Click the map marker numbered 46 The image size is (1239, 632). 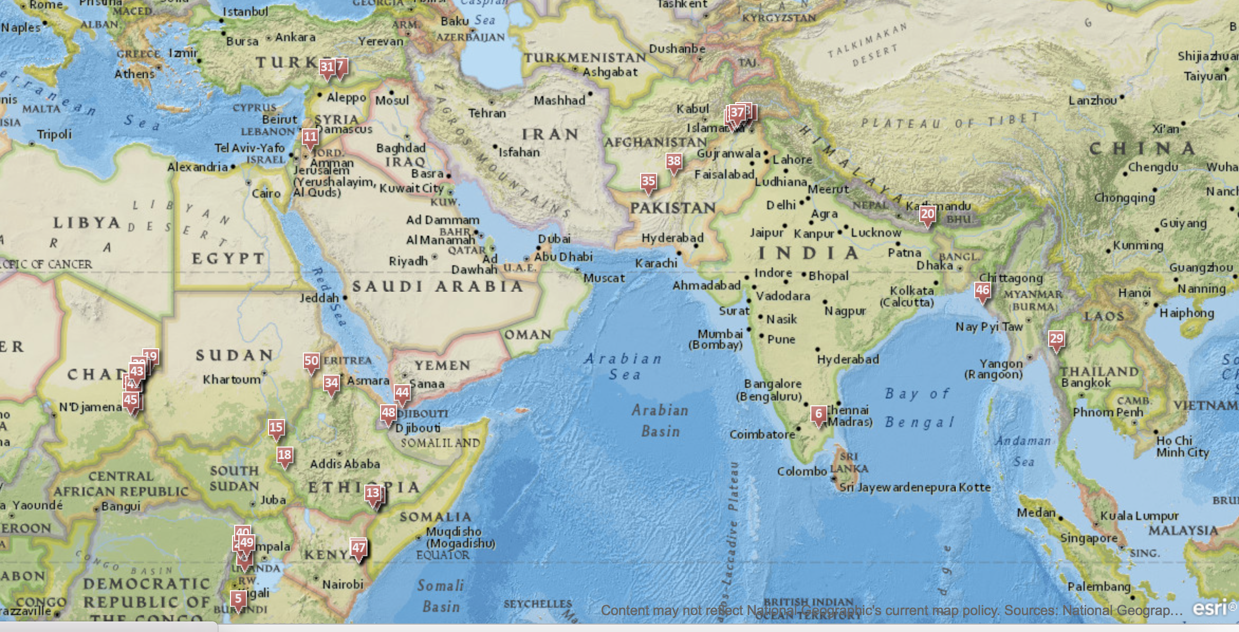pyautogui.click(x=982, y=291)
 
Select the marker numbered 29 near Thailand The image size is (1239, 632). pyautogui.click(x=1056, y=339)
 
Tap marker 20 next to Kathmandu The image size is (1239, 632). pyautogui.click(x=927, y=215)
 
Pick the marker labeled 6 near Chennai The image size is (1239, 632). pyautogui.click(x=818, y=414)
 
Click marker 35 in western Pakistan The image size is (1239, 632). pyautogui.click(x=648, y=182)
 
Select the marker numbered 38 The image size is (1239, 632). pyautogui.click(x=673, y=162)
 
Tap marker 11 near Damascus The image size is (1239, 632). pyautogui.click(x=310, y=137)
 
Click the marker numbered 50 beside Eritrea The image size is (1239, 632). pyautogui.click(x=311, y=361)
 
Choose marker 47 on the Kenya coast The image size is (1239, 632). pyautogui.click(x=358, y=548)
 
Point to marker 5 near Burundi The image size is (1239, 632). pyautogui.click(x=238, y=599)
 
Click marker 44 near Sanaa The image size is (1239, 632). pyautogui.click(x=402, y=393)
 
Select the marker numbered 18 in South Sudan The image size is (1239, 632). pyautogui.click(x=284, y=456)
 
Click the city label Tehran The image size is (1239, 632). pyautogui.click(x=487, y=113)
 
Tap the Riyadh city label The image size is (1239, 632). pyautogui.click(x=408, y=261)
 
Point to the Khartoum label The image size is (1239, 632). pyautogui.click(x=232, y=379)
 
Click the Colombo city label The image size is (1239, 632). pyautogui.click(x=801, y=471)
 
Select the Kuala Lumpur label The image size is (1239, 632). pyautogui.click(x=1139, y=516)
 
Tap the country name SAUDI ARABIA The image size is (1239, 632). pyautogui.click(x=438, y=286)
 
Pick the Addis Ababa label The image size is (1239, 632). pyautogui.click(x=345, y=464)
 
